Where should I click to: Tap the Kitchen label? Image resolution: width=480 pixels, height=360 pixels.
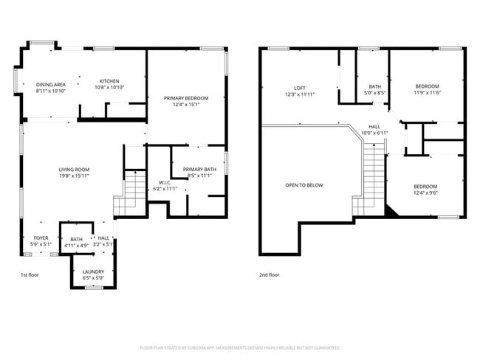109,81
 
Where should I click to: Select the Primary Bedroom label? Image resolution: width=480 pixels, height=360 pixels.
185,98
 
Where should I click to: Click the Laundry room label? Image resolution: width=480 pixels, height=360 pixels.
93,271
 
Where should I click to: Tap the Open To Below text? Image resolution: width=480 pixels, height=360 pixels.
304,185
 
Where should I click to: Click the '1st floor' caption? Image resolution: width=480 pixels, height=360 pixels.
30,274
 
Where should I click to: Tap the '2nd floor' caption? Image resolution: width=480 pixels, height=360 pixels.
270,274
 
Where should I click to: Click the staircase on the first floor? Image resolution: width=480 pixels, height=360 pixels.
131,193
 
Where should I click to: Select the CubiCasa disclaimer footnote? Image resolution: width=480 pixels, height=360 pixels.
239,347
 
